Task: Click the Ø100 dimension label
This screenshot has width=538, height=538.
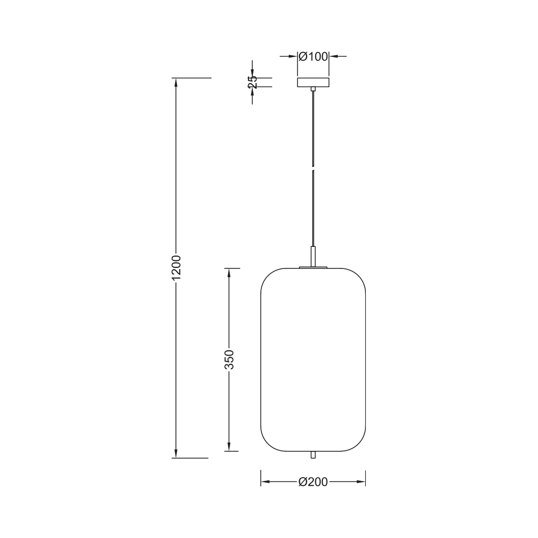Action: click(313, 56)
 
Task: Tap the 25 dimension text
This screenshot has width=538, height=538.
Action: click(252, 82)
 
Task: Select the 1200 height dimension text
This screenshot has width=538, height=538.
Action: click(176, 267)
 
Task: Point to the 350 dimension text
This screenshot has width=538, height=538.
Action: click(229, 359)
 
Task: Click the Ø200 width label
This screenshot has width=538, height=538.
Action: click(313, 482)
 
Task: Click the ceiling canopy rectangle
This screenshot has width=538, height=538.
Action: click(313, 82)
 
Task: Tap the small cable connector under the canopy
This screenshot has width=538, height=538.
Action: click(313, 89)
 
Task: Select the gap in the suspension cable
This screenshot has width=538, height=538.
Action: click(313, 169)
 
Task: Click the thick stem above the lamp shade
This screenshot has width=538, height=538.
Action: click(313, 257)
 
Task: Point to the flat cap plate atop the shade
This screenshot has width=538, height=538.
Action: click(313, 268)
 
